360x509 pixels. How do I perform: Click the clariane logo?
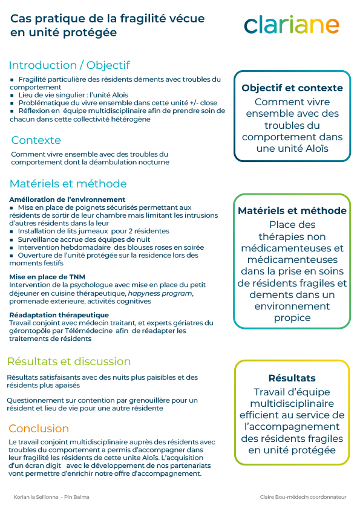tap(291, 25)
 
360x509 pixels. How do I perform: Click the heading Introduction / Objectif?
tap(69, 65)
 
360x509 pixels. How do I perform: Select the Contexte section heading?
tap(36, 140)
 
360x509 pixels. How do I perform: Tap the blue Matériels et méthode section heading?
tap(68, 184)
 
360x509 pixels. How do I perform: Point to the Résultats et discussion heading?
tap(68, 361)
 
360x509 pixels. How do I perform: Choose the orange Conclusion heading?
tap(39, 429)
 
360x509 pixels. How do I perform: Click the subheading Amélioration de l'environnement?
tap(67, 199)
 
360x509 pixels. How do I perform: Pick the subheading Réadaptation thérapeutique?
tap(59, 315)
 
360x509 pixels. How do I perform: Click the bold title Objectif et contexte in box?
tap(292, 88)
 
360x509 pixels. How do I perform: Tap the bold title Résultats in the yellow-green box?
tap(292, 378)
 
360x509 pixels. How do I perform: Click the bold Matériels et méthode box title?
tap(292, 210)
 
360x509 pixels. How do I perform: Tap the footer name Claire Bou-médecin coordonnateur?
tap(303, 497)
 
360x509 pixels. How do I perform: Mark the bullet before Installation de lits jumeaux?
tap(12, 232)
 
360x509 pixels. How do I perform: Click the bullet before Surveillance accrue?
tap(12, 239)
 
